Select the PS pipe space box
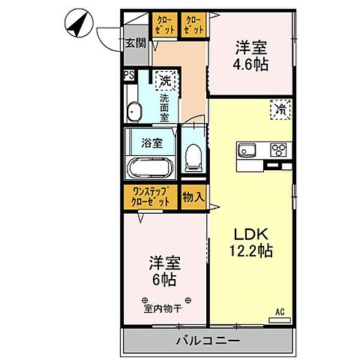click(x=128, y=75)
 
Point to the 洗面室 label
click(x=163, y=103)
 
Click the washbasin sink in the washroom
click(x=135, y=111)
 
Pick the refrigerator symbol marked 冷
click(x=277, y=110)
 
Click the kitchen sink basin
click(x=248, y=150)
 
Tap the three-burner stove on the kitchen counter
click(x=278, y=149)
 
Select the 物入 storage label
click(x=193, y=197)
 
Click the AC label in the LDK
click(x=279, y=311)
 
